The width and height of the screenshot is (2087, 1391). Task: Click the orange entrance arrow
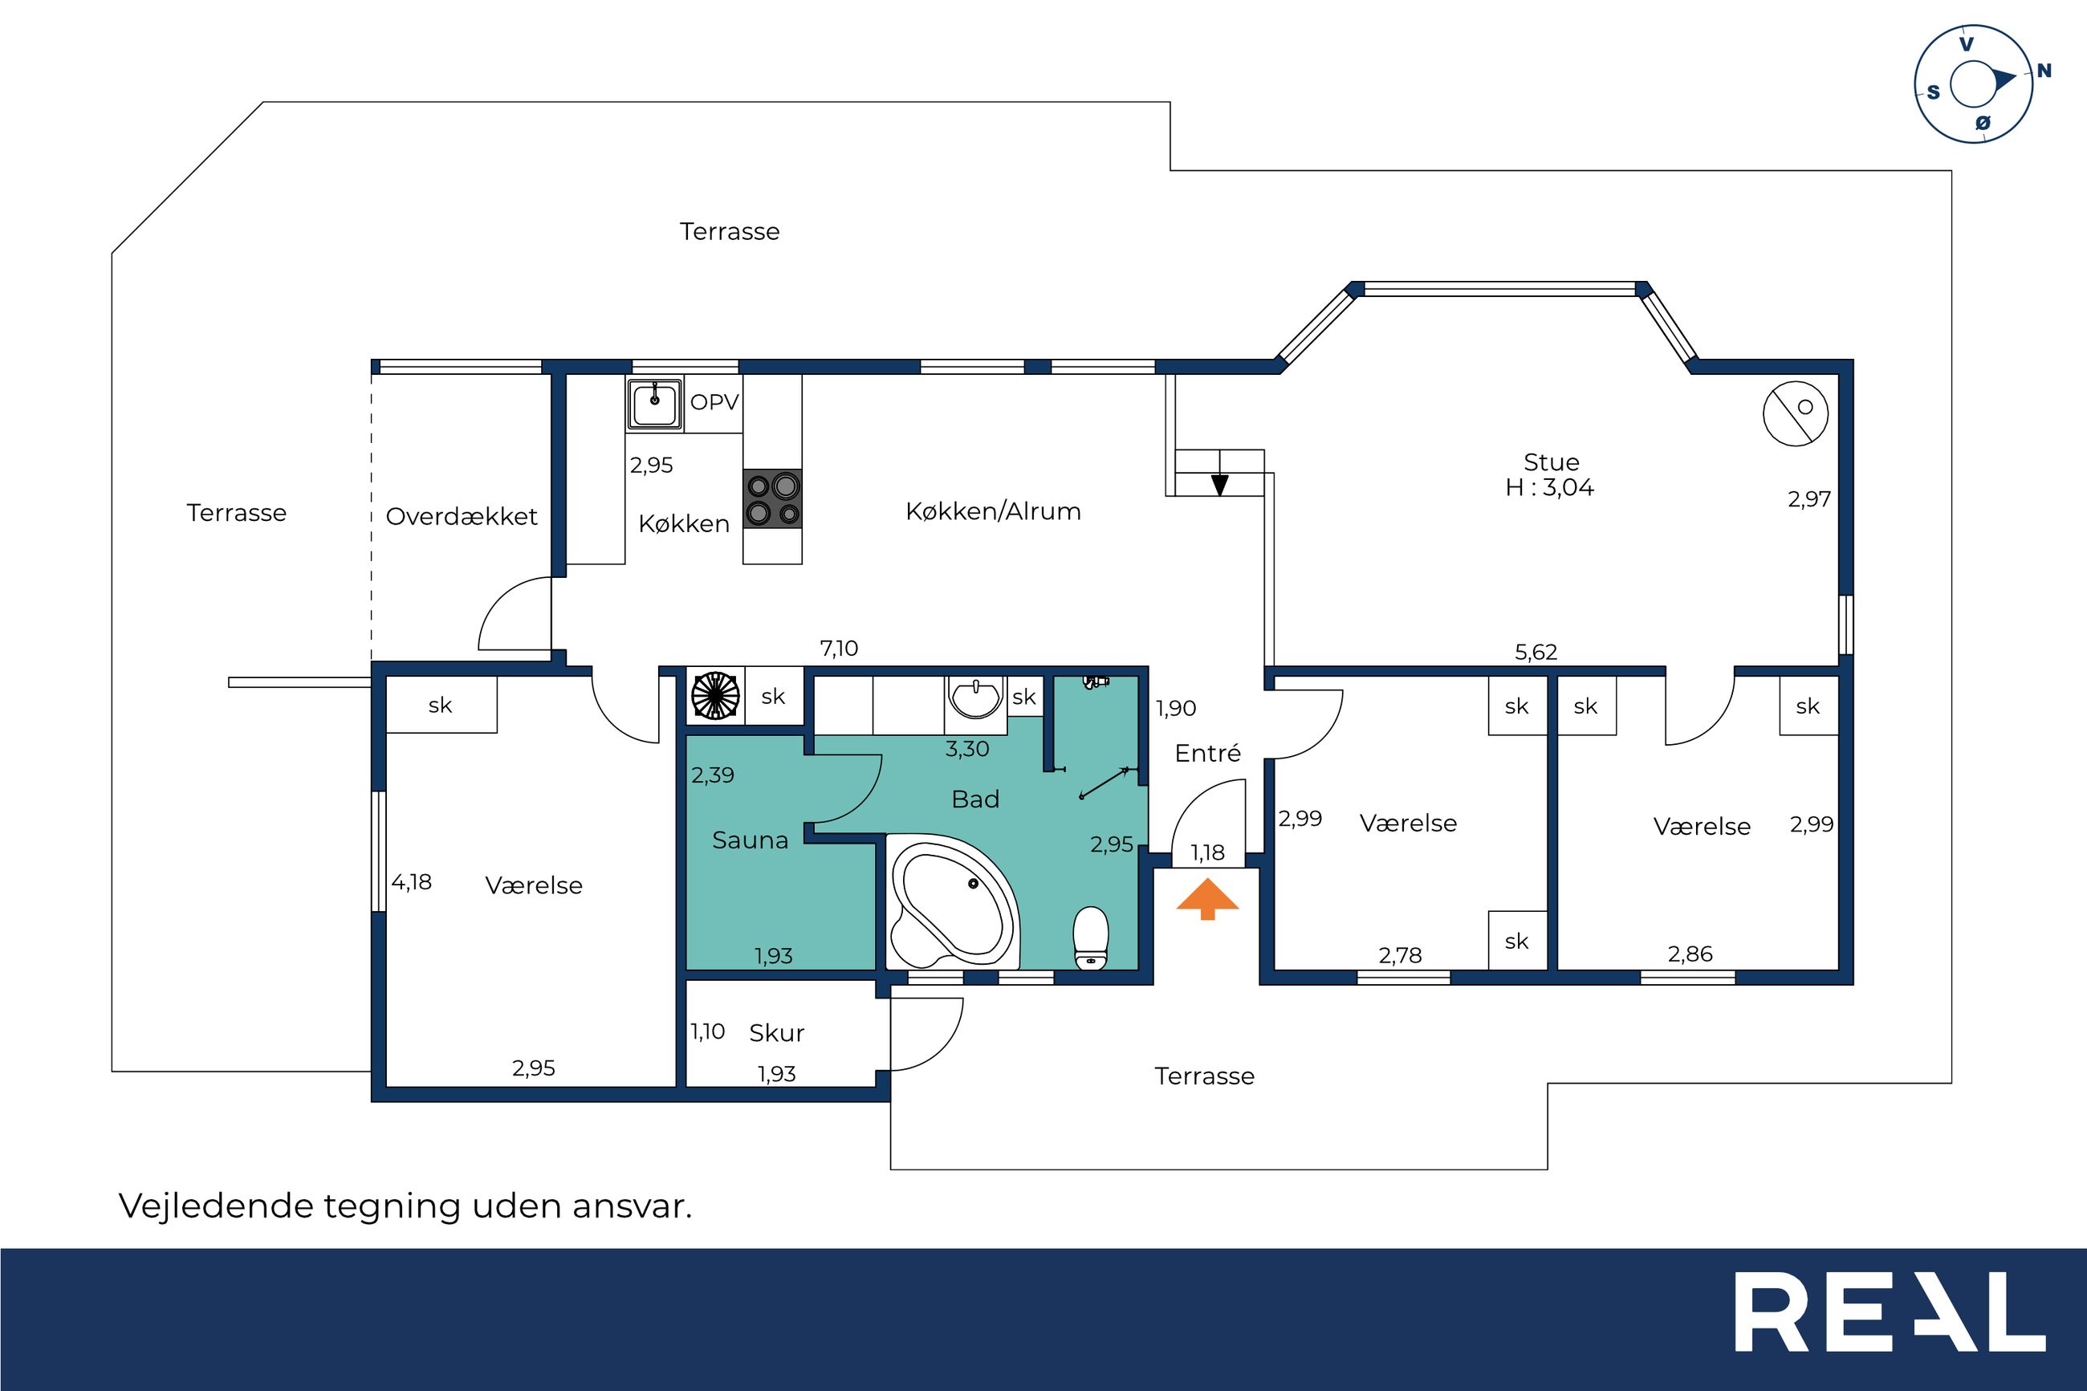click(1207, 899)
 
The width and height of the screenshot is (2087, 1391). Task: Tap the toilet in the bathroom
click(1090, 938)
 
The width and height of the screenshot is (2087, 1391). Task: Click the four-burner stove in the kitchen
click(772, 498)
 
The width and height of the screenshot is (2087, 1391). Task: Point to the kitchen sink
click(654, 404)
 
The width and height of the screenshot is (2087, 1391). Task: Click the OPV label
click(714, 403)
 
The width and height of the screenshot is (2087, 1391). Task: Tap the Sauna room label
click(751, 840)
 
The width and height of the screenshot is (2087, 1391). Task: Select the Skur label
click(777, 1032)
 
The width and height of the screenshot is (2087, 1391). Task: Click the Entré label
click(1207, 753)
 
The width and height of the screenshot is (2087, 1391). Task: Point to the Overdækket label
click(462, 516)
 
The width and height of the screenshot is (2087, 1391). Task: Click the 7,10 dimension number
click(839, 649)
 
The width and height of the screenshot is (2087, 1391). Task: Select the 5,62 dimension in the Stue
click(1536, 652)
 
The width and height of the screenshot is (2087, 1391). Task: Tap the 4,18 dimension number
click(412, 882)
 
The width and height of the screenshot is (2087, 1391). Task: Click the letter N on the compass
click(2044, 71)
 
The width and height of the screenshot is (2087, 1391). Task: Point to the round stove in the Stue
click(1795, 413)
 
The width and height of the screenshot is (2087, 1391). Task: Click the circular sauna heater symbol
click(715, 694)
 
